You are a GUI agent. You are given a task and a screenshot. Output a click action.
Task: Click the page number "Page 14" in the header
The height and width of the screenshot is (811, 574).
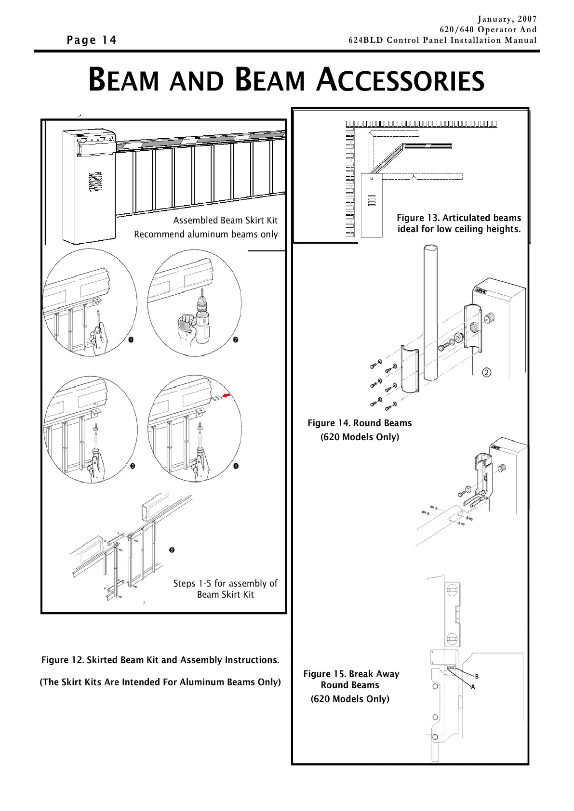tap(92, 40)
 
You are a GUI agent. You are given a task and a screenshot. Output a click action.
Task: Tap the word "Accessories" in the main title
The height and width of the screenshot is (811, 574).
tap(400, 80)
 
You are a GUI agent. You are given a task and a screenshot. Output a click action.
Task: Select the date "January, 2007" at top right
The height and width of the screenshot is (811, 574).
tap(507, 19)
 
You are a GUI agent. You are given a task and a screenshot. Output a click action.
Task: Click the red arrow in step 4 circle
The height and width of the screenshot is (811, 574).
tap(227, 396)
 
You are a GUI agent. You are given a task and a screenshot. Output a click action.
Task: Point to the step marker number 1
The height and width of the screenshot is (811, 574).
tap(131, 340)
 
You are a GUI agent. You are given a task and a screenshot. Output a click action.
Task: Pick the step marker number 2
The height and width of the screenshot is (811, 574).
tap(235, 340)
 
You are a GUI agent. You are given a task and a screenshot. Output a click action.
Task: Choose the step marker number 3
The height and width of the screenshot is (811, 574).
tap(132, 466)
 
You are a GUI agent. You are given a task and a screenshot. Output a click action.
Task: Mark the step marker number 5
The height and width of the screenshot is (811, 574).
tap(172, 550)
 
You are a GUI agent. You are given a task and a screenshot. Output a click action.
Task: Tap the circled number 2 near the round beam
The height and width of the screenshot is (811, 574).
tap(487, 372)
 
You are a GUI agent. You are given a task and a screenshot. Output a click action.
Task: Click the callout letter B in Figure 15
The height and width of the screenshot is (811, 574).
tap(477, 677)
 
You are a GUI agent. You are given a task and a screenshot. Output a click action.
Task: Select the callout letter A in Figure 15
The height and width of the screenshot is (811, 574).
tap(473, 687)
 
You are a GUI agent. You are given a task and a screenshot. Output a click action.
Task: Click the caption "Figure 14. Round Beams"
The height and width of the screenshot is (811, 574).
tap(360, 423)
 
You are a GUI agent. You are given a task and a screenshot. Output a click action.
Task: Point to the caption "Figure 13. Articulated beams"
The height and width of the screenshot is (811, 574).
tap(459, 218)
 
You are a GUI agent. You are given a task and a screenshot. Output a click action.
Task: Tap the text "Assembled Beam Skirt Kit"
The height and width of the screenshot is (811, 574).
tap(225, 221)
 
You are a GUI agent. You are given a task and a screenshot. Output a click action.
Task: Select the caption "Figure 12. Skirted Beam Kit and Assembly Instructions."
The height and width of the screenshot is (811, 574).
tap(160, 660)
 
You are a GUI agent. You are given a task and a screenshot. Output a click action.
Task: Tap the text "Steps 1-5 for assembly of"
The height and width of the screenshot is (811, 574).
tap(225, 584)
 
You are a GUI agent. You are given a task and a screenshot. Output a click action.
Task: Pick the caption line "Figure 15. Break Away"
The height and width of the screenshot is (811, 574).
tap(351, 674)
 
